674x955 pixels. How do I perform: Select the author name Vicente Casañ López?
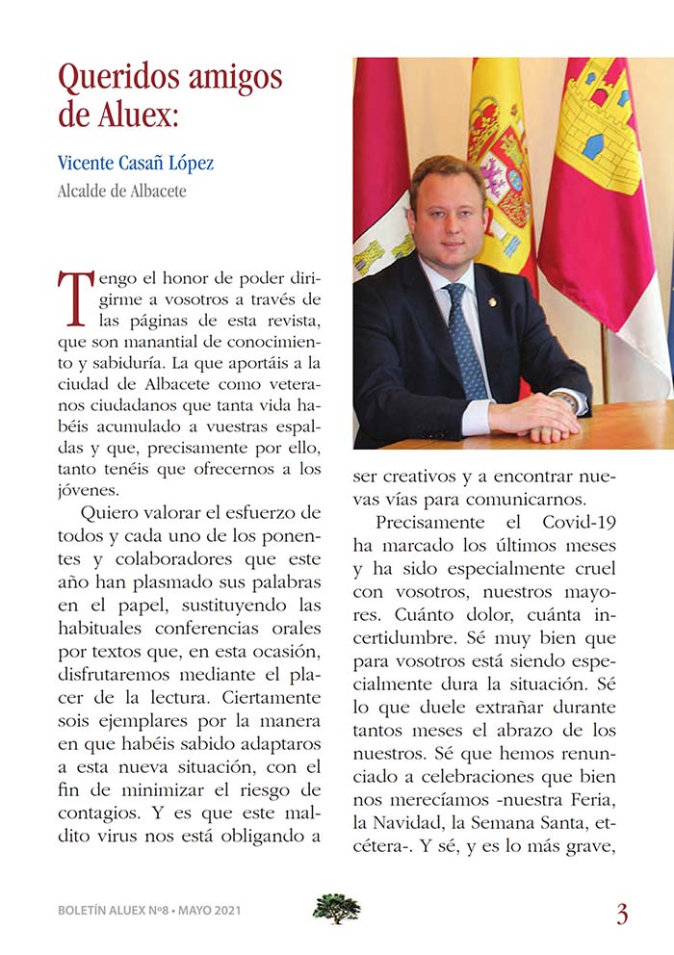point(136,163)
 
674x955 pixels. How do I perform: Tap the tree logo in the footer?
point(337,908)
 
